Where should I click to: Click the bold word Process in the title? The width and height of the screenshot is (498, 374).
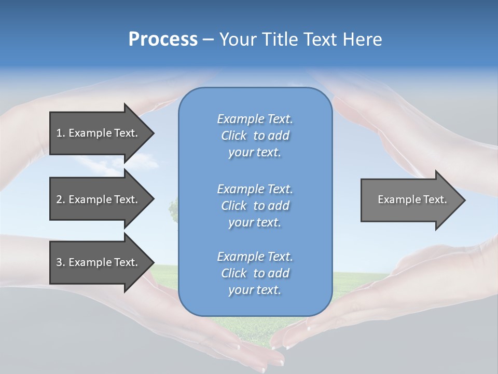163,39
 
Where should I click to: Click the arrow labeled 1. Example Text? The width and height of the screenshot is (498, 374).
99,133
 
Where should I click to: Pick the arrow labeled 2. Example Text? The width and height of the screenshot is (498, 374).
99,199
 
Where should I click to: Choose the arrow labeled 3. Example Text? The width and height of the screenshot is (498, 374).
99,262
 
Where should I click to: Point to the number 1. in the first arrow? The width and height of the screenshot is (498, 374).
61,133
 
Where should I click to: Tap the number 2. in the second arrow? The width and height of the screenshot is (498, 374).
61,199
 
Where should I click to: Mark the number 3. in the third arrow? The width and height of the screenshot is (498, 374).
61,262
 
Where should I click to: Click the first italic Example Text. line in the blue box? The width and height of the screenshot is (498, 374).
255,119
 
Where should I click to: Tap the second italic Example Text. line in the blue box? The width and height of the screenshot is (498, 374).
255,189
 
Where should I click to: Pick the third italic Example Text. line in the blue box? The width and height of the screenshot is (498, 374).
255,257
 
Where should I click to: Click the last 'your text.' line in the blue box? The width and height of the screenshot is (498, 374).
255,290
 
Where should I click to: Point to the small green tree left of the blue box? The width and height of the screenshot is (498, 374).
173,209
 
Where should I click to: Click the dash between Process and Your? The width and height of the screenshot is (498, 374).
208,39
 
